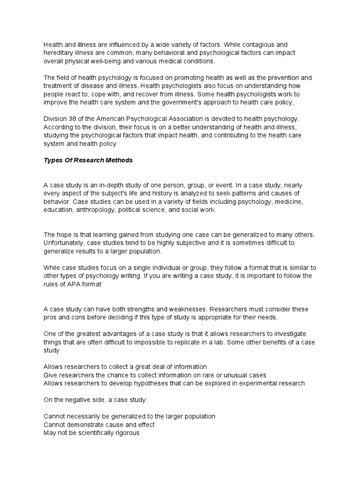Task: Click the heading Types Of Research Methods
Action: pyautogui.click(x=88, y=160)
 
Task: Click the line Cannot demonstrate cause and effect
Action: pyautogui.click(x=99, y=425)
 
